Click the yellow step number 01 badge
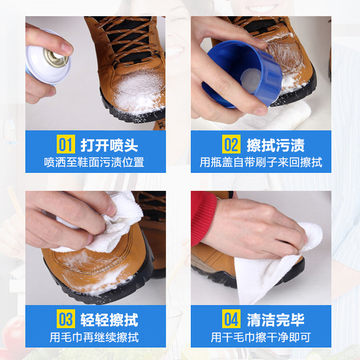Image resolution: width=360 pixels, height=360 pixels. click(x=66, y=145)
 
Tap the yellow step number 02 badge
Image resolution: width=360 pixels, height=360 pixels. click(x=231, y=145)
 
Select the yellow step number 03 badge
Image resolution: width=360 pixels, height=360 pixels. click(x=66, y=320)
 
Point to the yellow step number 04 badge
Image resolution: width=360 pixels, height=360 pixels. click(x=231, y=320)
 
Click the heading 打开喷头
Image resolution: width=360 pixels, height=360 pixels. click(x=109, y=145)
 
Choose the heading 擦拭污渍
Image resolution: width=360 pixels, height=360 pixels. click(x=275, y=145)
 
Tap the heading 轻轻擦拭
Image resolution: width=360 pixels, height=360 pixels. click(x=109, y=320)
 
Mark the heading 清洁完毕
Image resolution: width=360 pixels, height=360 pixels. click(x=275, y=320)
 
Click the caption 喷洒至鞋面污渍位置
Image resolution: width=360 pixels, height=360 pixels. click(x=94, y=162)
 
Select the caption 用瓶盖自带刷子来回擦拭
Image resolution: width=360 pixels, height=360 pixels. click(x=261, y=162)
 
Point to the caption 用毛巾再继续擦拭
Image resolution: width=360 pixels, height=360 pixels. click(x=94, y=337)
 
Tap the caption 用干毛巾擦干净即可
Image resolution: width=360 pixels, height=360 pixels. click(x=261, y=337)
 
